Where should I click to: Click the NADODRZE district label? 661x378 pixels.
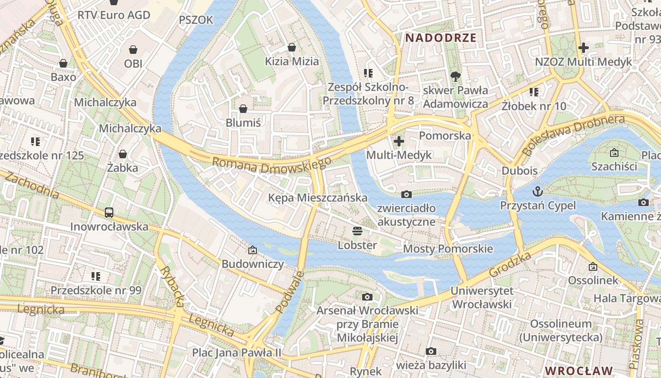pos(441,38)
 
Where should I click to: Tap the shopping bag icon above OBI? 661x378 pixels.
pos(133,50)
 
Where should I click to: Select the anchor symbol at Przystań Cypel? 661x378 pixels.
pos(537,191)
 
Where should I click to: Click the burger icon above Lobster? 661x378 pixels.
pos(357,231)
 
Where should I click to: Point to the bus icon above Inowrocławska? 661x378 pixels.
pos(109,213)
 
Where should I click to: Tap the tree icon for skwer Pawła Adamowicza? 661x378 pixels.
pos(456,76)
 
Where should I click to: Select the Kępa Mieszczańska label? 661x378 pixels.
pos(317,198)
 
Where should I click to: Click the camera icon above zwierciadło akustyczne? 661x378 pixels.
pos(406,194)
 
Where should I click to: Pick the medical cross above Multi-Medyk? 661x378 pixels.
pos(399,141)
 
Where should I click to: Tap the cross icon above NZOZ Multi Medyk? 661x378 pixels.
pos(584,48)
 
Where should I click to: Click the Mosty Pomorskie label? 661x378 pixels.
pos(448,249)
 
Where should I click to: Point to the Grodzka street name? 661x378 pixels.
pos(510,265)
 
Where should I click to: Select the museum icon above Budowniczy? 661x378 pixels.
pos(253,250)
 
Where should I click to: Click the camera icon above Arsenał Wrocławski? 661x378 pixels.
pos(367,297)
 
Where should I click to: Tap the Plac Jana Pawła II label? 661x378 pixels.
pos(237,352)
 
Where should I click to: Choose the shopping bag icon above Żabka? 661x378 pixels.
pos(123,154)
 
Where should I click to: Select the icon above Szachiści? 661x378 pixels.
pos(614,153)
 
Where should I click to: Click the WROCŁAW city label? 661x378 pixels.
pos(578,370)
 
